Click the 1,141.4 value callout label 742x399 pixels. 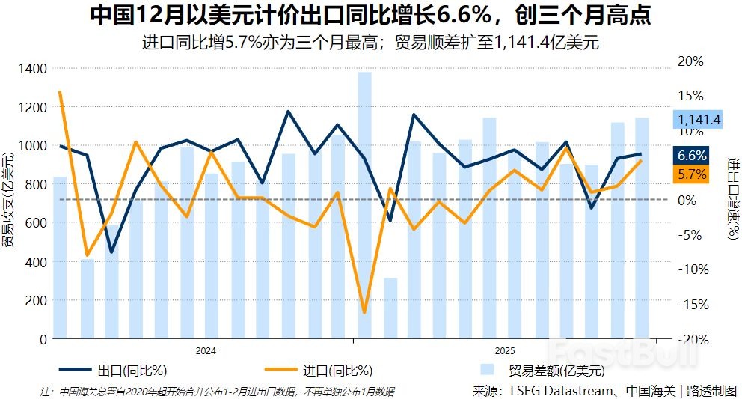coord(699,119)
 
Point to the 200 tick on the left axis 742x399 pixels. coord(35,300)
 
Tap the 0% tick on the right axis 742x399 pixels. coord(688,200)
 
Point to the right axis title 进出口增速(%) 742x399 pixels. coord(732,198)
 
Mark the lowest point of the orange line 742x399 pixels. coord(364,312)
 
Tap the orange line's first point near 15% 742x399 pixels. coord(60,92)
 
